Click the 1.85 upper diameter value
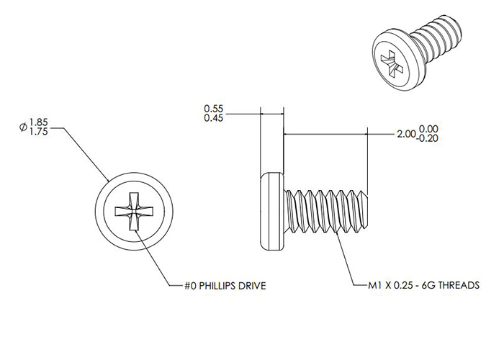[38, 122]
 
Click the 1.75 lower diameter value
[38, 132]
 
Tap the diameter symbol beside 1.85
[23, 127]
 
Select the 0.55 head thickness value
[213, 109]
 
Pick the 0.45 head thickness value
[213, 118]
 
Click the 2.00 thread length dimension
[407, 134]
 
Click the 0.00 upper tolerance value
[428, 129]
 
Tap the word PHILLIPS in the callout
[217, 286]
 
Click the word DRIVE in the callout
[252, 286]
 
